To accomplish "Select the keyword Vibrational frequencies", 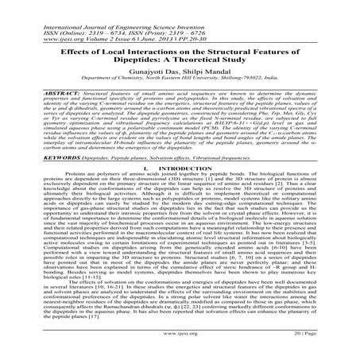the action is [x=240, y=180].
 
